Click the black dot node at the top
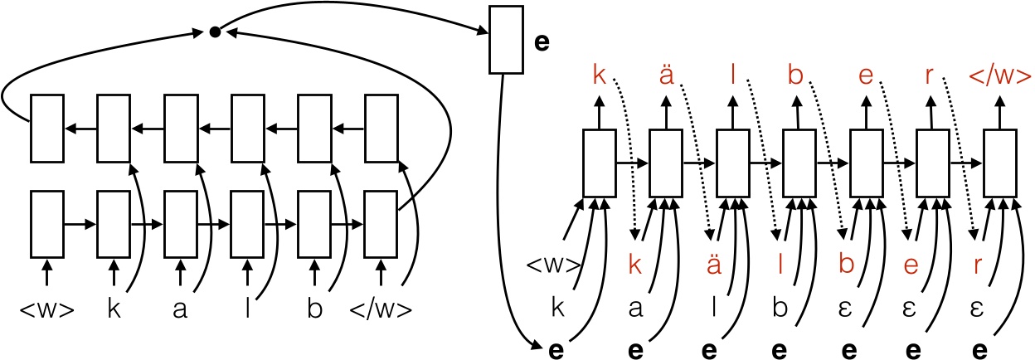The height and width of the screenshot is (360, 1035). click(x=214, y=32)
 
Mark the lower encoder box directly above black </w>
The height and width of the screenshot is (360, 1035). click(x=381, y=224)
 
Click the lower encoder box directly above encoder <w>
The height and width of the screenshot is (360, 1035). click(x=46, y=224)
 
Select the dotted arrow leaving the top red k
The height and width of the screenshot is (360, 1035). click(x=628, y=149)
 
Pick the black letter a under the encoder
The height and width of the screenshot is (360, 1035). click(x=180, y=311)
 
